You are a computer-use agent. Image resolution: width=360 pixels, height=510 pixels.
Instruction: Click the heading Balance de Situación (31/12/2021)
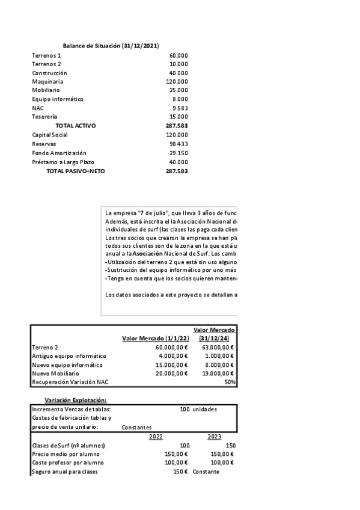111,46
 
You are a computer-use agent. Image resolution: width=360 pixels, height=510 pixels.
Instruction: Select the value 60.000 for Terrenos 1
178,55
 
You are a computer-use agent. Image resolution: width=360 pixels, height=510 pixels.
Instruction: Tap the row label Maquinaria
47,81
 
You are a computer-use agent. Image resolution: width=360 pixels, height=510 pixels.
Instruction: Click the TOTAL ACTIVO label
75,126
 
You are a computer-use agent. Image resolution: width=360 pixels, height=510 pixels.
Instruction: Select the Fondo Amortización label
59,153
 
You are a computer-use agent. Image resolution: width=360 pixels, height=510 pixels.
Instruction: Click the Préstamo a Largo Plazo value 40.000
178,162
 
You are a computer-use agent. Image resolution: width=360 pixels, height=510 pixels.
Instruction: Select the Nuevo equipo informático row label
67,364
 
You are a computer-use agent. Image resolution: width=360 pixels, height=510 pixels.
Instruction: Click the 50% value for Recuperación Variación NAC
230,382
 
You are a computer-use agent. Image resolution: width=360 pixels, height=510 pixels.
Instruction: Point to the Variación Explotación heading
76,400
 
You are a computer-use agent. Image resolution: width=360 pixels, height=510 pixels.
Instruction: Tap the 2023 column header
215,437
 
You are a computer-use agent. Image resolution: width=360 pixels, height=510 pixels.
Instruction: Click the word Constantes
136,428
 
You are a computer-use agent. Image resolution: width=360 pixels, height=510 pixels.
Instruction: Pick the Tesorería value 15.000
178,117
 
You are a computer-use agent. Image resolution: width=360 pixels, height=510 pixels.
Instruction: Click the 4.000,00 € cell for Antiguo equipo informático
172,355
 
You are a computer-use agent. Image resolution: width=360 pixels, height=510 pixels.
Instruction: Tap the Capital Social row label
50,135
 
